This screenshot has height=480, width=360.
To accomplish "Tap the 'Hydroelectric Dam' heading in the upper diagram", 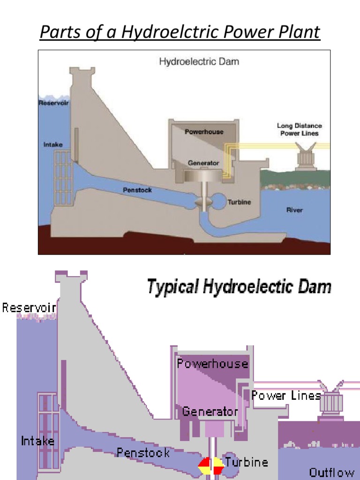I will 199,61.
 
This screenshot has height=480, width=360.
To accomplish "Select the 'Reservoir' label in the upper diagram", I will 53,103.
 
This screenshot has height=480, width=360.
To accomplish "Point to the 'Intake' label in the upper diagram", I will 53,145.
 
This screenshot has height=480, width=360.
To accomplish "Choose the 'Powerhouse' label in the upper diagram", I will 204,132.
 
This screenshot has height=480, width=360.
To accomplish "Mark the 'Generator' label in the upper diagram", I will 203,163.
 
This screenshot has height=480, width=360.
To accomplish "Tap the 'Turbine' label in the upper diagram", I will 239,202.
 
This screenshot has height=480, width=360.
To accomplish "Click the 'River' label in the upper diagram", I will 294,210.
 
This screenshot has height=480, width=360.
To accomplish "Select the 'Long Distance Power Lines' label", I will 299,129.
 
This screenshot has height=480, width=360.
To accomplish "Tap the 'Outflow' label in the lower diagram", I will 331,472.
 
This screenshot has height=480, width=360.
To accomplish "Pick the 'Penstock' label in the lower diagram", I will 143,453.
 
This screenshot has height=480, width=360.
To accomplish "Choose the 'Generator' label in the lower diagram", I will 210,412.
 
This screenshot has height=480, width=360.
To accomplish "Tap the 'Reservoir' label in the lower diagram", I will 29,308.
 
